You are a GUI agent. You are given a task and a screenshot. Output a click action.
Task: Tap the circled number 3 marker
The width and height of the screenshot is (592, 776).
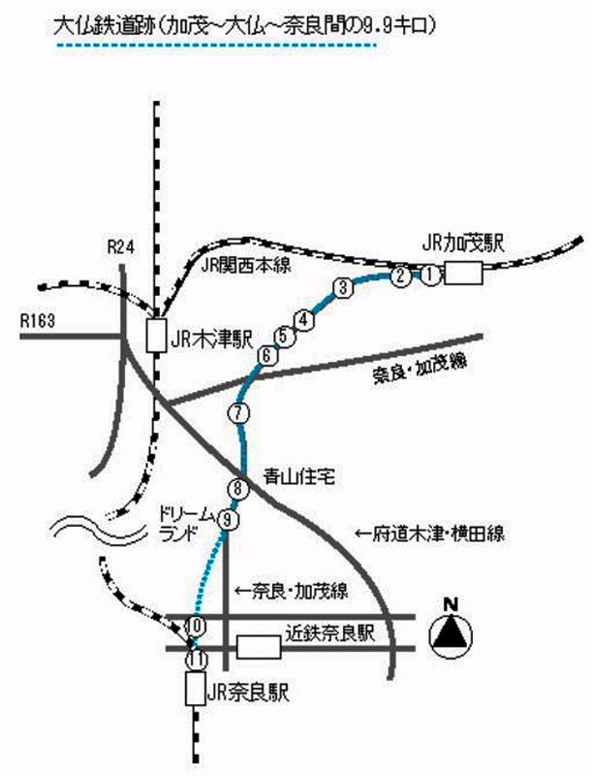point(342,287)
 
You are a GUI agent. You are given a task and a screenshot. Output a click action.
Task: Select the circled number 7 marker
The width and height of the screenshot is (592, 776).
point(239,413)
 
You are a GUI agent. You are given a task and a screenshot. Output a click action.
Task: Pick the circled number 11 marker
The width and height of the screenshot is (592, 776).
point(197,659)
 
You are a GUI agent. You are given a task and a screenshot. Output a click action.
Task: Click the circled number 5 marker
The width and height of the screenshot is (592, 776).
point(284,337)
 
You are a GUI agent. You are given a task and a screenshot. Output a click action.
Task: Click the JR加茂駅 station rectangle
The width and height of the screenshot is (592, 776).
point(463,274)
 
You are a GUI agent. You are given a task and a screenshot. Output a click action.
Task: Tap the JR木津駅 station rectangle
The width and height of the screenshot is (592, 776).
point(155,336)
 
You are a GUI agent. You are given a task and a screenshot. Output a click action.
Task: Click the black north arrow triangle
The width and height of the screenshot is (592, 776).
point(449,634)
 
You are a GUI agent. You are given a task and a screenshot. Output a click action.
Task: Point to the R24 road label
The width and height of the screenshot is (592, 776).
point(119,248)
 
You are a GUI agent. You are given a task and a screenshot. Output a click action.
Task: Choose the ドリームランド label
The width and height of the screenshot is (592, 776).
point(180,523)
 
